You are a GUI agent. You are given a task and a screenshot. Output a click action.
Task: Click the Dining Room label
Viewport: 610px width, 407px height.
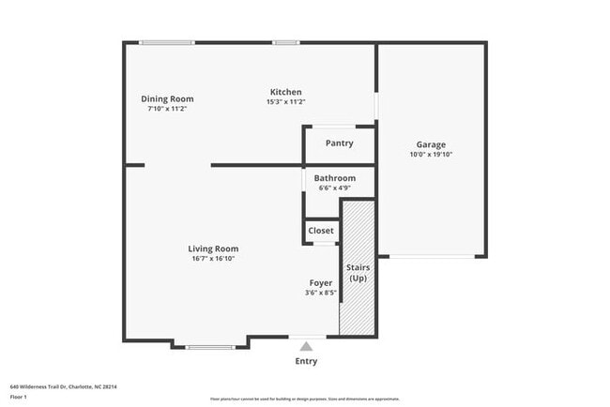pos(167,98)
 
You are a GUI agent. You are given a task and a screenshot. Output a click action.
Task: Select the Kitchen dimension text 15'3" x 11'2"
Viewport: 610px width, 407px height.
pos(285,102)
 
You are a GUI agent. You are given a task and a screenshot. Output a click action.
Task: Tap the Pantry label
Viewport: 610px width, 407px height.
pos(339,143)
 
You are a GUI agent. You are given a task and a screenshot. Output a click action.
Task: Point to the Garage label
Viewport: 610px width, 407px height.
pos(431,144)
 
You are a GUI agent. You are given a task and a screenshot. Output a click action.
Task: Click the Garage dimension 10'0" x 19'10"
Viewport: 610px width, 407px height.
pos(431,156)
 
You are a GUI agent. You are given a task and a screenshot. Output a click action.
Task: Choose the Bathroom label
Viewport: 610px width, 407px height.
pos(334,178)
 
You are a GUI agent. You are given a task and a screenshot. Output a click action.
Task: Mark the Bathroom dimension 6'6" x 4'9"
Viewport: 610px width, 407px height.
pos(334,188)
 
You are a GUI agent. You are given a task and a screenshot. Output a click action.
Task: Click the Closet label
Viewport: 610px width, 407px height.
pos(321,231)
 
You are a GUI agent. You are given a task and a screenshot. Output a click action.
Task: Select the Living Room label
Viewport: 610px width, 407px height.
pos(213,249)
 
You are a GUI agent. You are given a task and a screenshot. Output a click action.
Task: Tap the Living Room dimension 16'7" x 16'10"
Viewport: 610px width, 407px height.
pos(213,259)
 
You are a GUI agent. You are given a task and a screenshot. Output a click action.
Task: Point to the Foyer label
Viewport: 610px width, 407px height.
pos(321,282)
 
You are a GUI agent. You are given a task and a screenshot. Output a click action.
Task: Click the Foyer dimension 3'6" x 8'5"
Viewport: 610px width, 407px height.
pos(321,293)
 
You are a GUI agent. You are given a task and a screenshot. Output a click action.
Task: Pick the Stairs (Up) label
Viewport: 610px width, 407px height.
pos(358,273)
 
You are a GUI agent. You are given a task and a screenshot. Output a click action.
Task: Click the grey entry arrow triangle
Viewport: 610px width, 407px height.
pos(306,346)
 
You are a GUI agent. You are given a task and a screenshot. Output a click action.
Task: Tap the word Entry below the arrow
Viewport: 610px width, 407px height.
pos(306,361)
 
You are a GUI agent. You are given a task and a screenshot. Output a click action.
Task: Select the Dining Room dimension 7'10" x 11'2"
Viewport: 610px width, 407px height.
pos(167,109)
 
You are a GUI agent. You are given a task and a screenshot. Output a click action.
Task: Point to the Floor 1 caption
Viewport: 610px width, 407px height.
pos(19,397)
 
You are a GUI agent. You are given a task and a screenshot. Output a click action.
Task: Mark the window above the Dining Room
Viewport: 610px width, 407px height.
pos(166,42)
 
